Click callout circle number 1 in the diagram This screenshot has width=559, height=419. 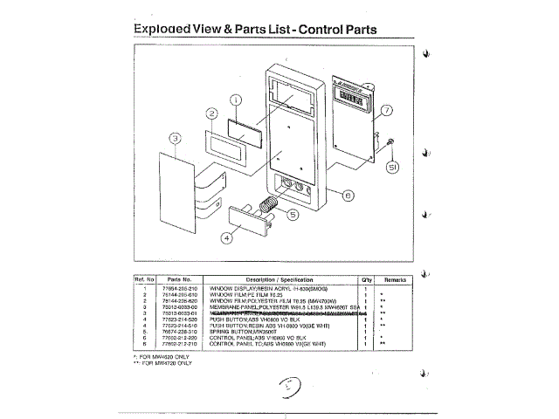236,101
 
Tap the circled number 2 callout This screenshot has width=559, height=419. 211,114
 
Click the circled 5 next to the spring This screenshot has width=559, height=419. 293,212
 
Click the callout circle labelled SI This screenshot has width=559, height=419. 393,166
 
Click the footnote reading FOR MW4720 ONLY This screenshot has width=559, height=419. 165,361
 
